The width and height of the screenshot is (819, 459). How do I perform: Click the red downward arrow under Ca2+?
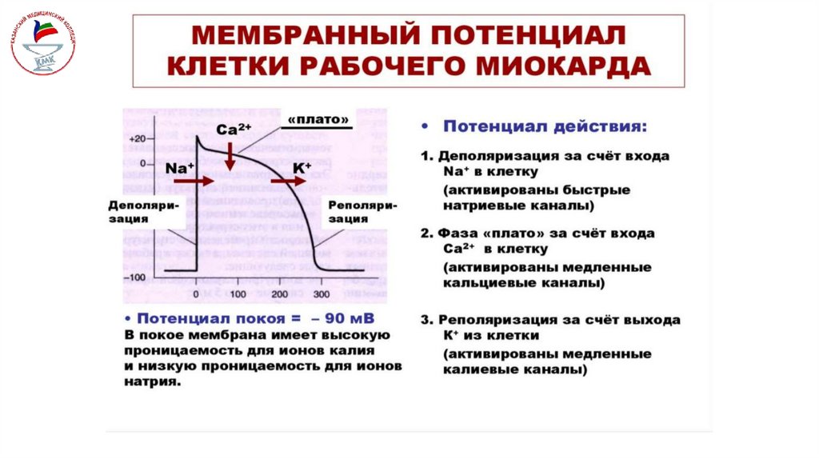tap(230, 156)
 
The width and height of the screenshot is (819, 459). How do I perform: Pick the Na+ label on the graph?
tap(180, 168)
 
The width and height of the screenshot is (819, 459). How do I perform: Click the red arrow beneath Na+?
tap(194, 182)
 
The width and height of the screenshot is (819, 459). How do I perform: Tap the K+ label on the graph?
tap(302, 167)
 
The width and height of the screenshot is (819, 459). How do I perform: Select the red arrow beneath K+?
tap(286, 182)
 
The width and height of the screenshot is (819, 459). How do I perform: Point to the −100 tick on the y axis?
tap(136, 277)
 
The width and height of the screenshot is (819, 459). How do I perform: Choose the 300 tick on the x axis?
tap(321, 295)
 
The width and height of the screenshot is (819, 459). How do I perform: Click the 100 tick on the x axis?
tap(237, 295)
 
